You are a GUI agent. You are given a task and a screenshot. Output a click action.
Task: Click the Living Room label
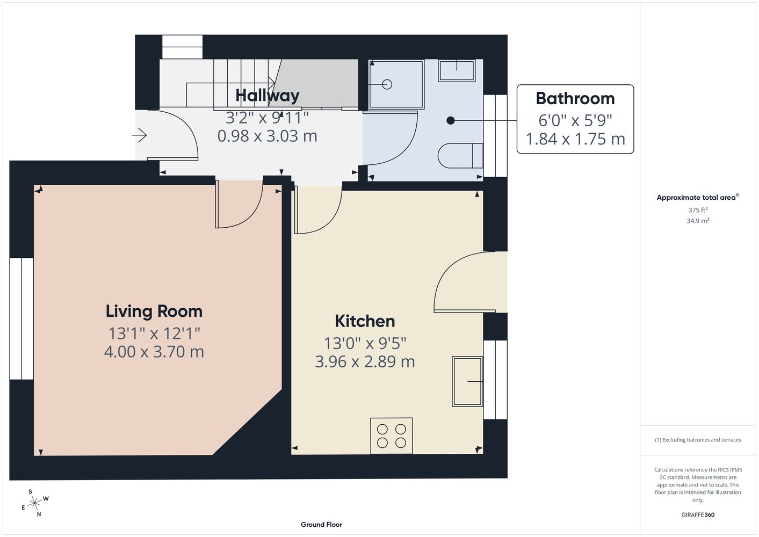tap(154, 311)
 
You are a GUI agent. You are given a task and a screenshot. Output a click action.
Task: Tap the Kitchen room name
tap(365, 321)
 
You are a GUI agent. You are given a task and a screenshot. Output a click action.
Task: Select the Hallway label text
tap(268, 96)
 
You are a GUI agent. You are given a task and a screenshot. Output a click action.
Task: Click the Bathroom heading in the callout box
tap(575, 99)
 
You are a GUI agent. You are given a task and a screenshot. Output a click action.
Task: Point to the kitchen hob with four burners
tap(392, 436)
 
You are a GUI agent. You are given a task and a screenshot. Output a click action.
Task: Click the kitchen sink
tap(467, 381)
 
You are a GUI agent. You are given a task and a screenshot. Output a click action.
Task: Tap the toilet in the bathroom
tap(460, 156)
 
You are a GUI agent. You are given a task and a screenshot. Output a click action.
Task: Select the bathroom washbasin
tap(457, 70)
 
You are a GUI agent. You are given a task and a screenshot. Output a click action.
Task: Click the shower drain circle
tap(387, 84)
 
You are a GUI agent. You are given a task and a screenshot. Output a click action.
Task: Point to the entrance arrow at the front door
tap(139, 135)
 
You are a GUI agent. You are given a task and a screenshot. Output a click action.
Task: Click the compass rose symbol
tap(35, 503)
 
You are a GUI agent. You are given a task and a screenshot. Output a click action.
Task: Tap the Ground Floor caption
tap(321, 525)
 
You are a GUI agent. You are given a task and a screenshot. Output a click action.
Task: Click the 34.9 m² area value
tap(698, 221)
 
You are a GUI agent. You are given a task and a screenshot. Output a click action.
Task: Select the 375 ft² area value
tap(698, 210)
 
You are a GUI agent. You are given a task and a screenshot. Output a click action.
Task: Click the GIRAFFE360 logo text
tap(698, 514)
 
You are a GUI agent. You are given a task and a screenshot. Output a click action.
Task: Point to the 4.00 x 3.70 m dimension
tap(154, 352)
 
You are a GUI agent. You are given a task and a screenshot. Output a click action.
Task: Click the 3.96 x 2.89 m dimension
tap(365, 361)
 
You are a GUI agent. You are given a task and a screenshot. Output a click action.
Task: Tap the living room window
tap(21, 319)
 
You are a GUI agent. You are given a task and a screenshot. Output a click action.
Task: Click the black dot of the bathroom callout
tap(450, 120)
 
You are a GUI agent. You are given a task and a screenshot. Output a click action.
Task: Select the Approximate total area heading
tap(698, 197)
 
